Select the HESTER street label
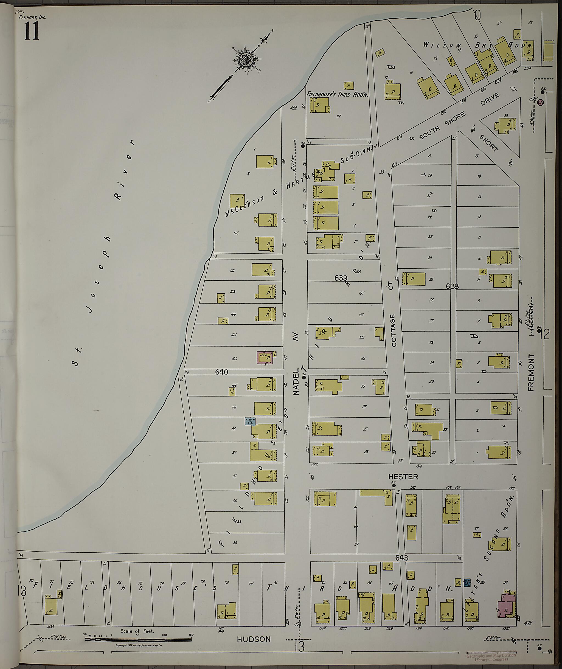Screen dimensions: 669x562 (403, 477)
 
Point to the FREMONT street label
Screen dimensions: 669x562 (530, 372)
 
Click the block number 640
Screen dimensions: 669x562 (221, 372)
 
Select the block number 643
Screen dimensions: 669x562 (402, 558)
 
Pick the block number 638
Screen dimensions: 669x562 (452, 286)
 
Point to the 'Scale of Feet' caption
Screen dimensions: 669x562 (137, 631)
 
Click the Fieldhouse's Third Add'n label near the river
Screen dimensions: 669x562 (337, 95)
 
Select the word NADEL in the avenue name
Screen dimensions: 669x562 (296, 382)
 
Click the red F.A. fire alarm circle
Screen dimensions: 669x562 (540, 103)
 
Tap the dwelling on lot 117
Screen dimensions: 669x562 (321, 105)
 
